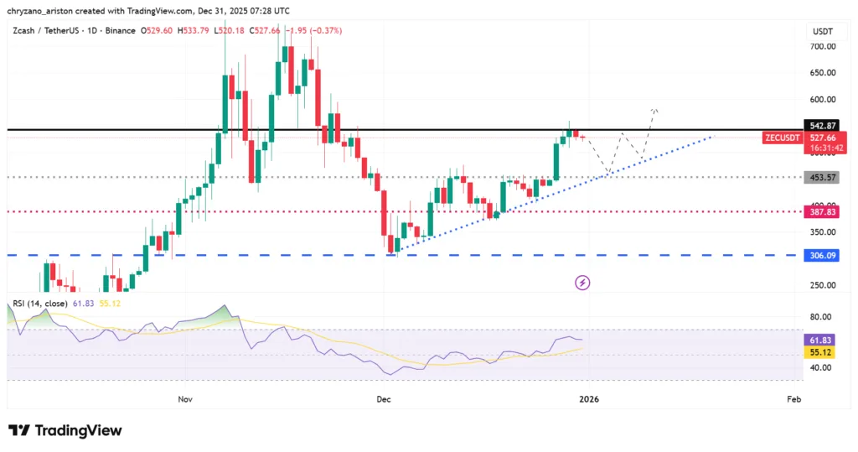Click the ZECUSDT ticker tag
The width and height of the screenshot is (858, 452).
click(x=782, y=137)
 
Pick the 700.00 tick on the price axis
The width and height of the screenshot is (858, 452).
click(x=822, y=46)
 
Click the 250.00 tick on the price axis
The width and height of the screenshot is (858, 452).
click(x=822, y=285)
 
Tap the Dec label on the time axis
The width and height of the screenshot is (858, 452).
click(x=384, y=399)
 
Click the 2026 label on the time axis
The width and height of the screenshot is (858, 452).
click(x=589, y=399)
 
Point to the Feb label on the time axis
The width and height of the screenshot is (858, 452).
click(x=794, y=399)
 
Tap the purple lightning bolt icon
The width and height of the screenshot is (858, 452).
click(x=583, y=283)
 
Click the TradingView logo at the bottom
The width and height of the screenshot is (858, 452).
click(x=65, y=430)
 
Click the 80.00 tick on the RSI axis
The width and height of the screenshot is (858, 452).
click(x=820, y=317)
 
